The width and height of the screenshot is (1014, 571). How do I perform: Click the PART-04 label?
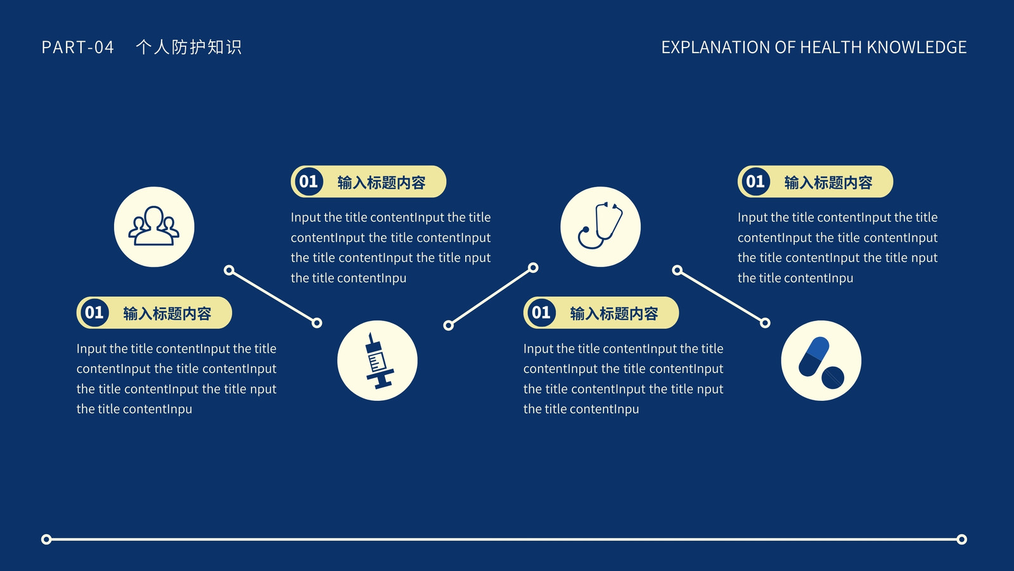coord(77,48)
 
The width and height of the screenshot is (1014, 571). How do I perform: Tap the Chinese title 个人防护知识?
coord(189,47)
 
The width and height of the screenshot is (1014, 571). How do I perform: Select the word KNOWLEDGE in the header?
coord(916,48)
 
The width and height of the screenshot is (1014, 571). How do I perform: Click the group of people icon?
coord(154,226)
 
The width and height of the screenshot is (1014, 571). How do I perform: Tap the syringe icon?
coord(378,361)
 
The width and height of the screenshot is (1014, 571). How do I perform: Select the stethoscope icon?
coord(600,225)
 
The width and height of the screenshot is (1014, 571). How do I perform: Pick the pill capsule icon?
coord(821,362)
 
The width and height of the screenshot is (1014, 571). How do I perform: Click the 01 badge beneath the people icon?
coord(94,312)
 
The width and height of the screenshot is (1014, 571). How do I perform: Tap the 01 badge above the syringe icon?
coord(309,181)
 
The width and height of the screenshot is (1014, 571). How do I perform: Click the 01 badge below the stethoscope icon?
coord(541,312)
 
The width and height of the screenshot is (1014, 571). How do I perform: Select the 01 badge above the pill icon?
coord(755,181)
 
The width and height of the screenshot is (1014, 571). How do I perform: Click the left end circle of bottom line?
coord(46,539)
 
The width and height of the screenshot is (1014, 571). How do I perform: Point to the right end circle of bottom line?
coord(962,539)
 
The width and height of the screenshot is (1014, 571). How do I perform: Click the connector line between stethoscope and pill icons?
coord(721,297)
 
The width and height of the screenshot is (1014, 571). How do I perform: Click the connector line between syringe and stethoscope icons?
coord(491,296)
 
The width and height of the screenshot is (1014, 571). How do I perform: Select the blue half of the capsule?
coord(818,348)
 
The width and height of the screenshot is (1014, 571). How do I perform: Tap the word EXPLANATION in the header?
coord(716,48)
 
